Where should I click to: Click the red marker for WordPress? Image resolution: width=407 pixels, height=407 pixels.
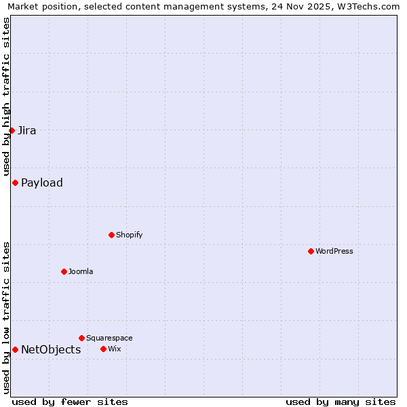click(x=311, y=251)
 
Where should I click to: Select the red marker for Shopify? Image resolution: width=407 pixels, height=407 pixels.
click(x=111, y=235)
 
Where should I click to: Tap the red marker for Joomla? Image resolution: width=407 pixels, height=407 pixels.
click(x=64, y=271)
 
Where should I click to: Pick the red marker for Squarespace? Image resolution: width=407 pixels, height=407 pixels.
click(x=81, y=338)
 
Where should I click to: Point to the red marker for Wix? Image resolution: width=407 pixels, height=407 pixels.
click(x=103, y=349)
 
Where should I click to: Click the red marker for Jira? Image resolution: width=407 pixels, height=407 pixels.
click(x=12, y=130)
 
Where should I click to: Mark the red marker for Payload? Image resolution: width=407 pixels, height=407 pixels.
click(x=15, y=182)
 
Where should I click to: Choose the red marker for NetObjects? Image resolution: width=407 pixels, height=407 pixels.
click(x=15, y=349)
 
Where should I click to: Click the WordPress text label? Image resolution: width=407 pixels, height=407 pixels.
click(x=334, y=251)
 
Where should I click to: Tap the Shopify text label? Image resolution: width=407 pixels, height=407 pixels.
click(x=129, y=235)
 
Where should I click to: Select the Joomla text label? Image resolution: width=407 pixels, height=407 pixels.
click(x=81, y=271)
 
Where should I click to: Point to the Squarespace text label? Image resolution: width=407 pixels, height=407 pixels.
click(x=109, y=338)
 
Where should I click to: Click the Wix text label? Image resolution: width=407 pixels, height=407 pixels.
click(x=115, y=349)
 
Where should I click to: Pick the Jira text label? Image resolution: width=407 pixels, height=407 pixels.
click(x=27, y=130)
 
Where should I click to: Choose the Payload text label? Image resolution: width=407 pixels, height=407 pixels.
click(x=42, y=182)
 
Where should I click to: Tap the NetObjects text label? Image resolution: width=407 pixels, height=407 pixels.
click(x=51, y=349)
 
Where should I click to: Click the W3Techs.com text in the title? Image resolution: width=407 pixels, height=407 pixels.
click(x=368, y=7)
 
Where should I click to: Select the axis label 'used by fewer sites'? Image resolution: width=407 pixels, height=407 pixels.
click(x=70, y=402)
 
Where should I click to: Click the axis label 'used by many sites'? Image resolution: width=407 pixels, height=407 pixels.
click(x=341, y=402)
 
